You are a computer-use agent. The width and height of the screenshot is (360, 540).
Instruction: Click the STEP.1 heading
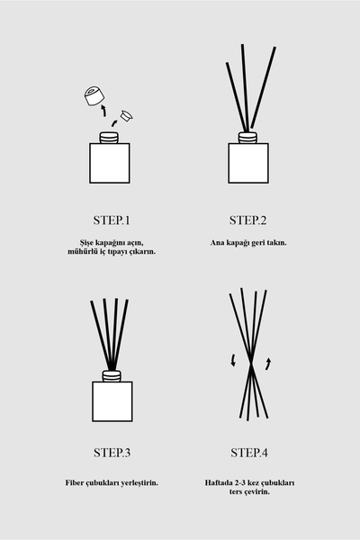112,220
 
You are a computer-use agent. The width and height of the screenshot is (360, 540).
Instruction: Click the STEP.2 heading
248,220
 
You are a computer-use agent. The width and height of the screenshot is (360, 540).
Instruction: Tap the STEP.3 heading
112,453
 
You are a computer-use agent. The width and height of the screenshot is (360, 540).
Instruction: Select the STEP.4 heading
249,453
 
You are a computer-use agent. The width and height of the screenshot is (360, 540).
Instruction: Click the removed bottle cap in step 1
94,95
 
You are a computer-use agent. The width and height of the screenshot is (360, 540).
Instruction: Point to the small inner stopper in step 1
126,116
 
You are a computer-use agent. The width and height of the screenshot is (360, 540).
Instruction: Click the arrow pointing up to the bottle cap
104,111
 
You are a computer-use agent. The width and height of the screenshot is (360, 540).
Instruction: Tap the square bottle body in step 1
110,163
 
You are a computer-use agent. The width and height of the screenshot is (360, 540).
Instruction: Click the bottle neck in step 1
109,138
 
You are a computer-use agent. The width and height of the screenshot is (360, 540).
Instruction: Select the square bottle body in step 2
248,163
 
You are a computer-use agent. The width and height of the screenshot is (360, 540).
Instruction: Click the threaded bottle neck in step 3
112,375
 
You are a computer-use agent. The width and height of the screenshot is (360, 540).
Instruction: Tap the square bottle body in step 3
112,401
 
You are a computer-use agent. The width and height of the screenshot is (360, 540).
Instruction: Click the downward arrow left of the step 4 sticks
233,359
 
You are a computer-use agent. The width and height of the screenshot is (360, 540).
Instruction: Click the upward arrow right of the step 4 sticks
268,364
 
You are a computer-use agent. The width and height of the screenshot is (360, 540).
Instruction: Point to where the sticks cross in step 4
251,365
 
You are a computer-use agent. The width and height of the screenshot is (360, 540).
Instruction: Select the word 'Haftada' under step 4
218,482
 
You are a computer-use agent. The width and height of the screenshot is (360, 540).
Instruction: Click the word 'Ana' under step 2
217,242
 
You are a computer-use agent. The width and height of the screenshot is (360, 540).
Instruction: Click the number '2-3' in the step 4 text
239,482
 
